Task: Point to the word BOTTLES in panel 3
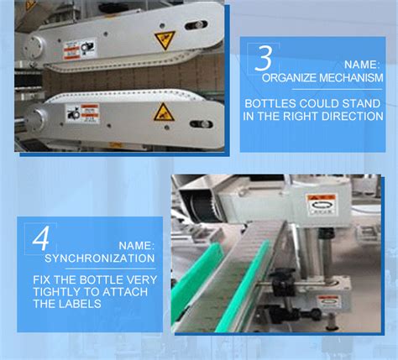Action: tap(269, 105)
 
